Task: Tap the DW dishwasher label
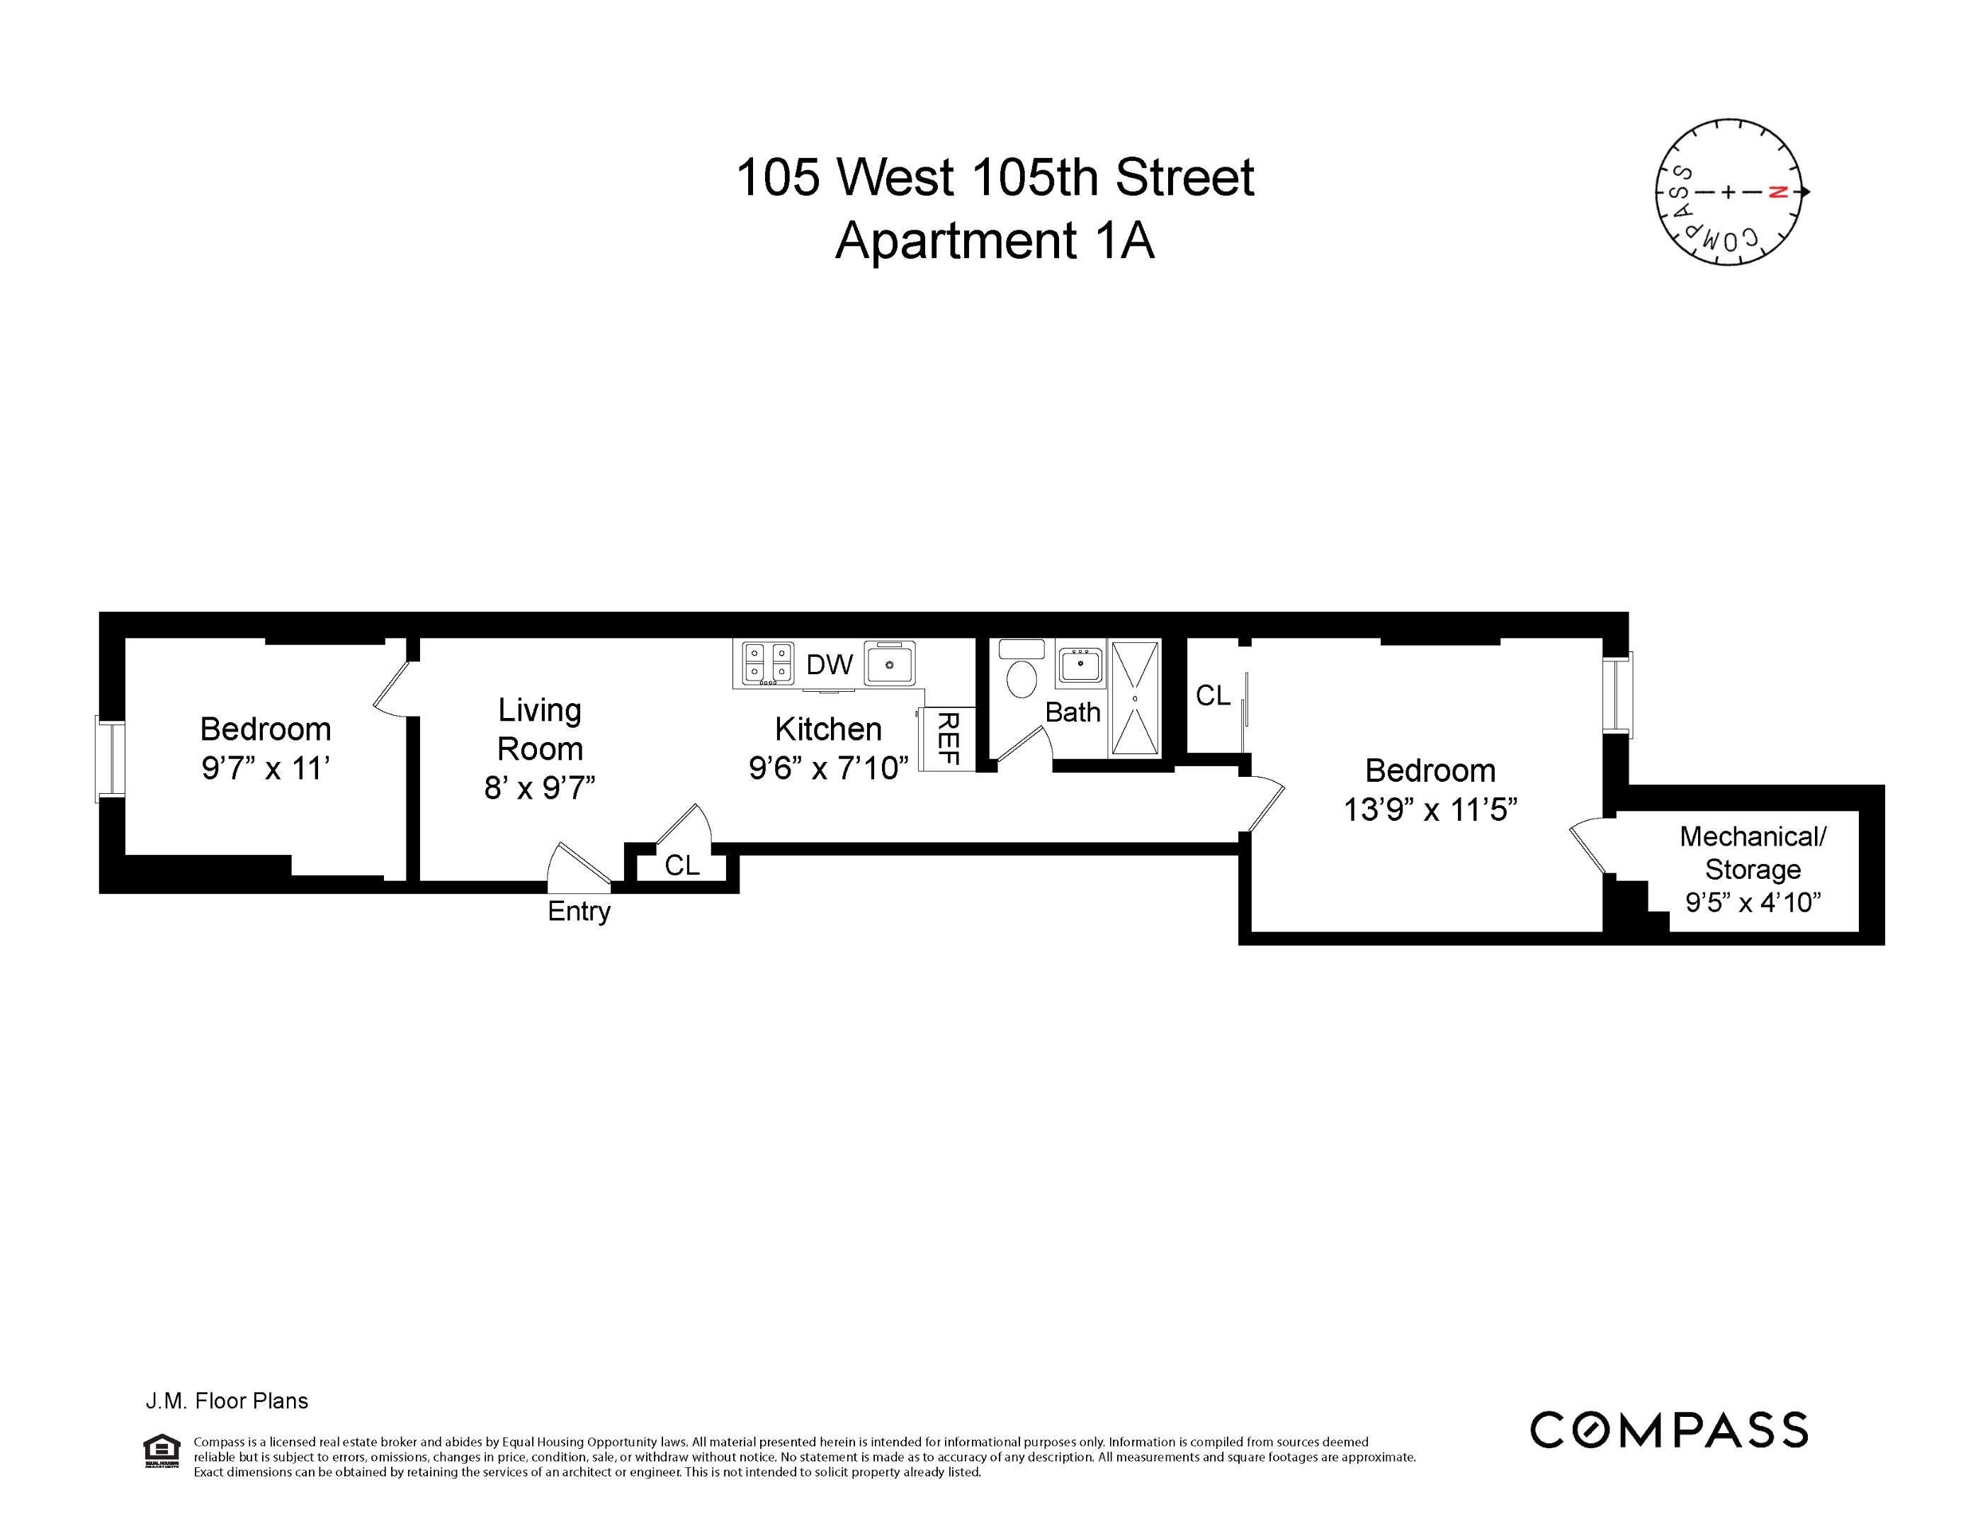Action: click(x=829, y=665)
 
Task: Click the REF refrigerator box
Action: click(x=946, y=739)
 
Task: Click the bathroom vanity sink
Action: click(x=1080, y=665)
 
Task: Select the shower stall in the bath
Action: click(x=1135, y=697)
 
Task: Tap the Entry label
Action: click(x=578, y=912)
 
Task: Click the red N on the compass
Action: click(x=1778, y=192)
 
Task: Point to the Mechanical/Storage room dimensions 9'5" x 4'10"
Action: click(x=1753, y=902)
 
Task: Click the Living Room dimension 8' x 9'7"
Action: click(x=539, y=788)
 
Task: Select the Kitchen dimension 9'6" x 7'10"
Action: click(x=827, y=768)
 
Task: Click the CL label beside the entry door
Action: click(x=681, y=865)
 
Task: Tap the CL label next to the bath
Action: click(x=1213, y=695)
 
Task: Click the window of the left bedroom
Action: click(x=111, y=760)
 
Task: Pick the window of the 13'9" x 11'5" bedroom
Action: click(x=1617, y=693)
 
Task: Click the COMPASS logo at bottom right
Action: click(x=1668, y=1430)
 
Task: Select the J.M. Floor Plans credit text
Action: click(x=227, y=1401)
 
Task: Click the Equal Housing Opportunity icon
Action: click(x=162, y=1450)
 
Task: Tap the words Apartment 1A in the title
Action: click(x=995, y=240)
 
